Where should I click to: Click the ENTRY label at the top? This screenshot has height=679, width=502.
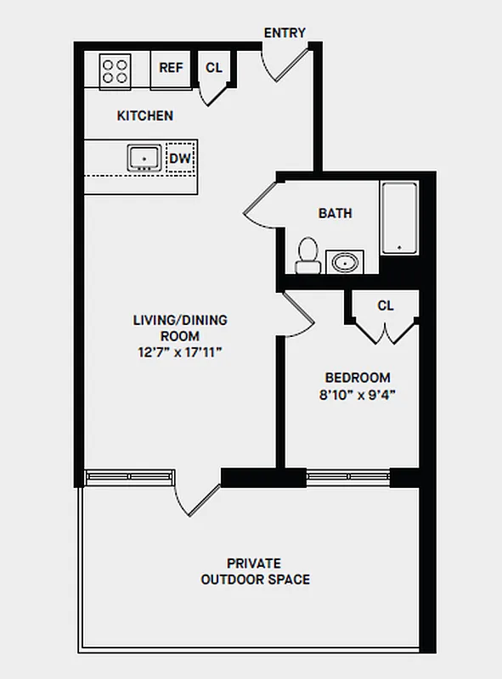pos(285,33)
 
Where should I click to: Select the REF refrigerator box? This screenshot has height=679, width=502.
pos(171,68)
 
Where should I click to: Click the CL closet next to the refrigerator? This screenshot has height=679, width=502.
pos(213,68)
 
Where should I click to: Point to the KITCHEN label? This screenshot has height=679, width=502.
pos(145,115)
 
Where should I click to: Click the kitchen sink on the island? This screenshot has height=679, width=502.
pos(144,158)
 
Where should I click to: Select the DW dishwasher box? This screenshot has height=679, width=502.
pos(179,158)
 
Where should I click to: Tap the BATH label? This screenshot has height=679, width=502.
pos(335,213)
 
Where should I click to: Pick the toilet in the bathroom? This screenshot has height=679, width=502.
pos(307,255)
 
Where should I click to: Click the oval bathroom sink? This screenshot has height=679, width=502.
pos(345,261)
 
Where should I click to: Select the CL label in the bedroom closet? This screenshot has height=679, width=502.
pos(386,306)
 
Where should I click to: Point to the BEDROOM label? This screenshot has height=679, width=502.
pos(358,378)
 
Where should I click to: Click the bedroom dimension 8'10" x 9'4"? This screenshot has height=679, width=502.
pos(358,394)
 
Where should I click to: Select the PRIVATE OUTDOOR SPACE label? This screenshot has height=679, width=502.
pos(255,571)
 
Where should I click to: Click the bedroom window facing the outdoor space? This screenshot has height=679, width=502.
pos(347,477)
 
